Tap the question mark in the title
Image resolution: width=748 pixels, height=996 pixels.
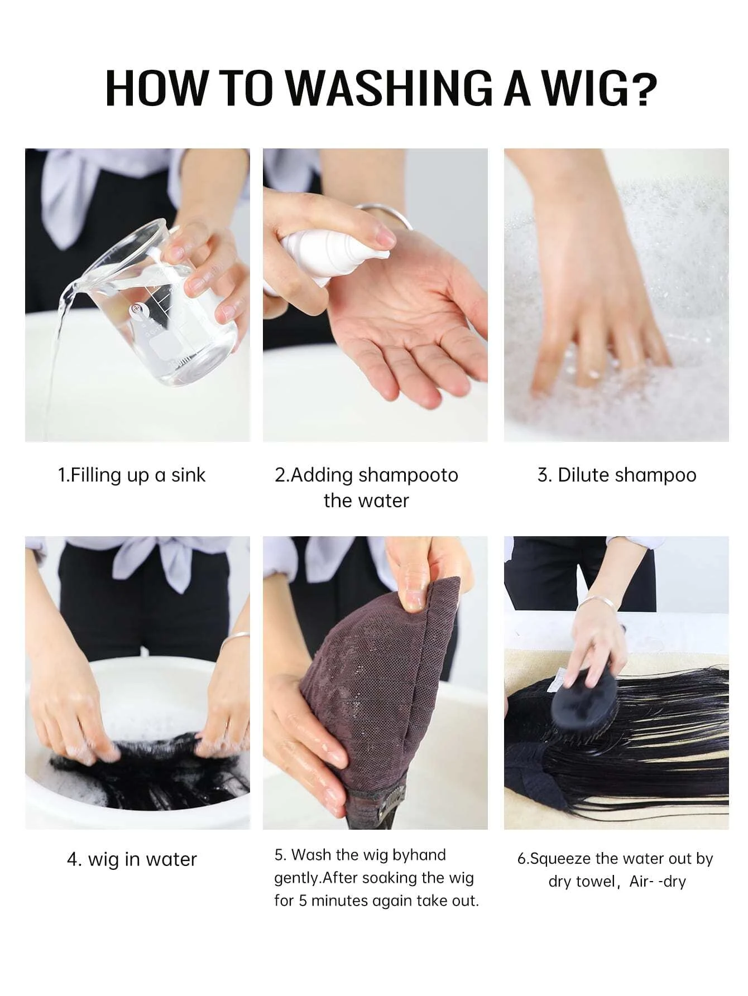click(644, 88)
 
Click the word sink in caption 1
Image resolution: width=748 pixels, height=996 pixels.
click(188, 475)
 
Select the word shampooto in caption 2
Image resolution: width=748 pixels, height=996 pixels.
click(408, 475)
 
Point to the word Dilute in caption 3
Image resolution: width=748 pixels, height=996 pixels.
click(584, 475)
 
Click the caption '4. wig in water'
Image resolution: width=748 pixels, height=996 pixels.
click(132, 859)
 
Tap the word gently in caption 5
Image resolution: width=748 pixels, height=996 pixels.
click(297, 879)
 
